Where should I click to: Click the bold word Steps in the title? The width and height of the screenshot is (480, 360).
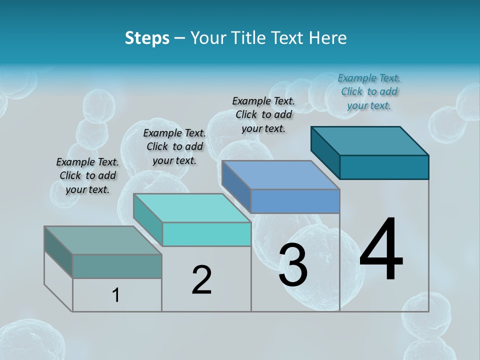click(147, 38)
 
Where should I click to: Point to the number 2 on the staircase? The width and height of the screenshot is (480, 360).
click(201, 280)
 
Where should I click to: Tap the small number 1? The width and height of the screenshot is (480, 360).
click(116, 295)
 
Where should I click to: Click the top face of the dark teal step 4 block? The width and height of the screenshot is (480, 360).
click(370, 140)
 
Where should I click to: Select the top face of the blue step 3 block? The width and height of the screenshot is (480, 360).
click(281, 175)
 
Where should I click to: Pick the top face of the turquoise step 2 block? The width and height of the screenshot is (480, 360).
click(192, 208)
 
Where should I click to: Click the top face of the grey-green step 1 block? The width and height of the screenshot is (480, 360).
click(103, 240)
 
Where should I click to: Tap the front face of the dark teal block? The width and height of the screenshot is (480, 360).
click(384, 167)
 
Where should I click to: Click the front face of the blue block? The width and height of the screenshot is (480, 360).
click(295, 201)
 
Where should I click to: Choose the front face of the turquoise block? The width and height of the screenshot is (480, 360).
click(206, 234)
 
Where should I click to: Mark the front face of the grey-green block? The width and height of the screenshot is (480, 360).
click(117, 266)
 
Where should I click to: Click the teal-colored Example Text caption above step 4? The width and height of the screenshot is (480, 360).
click(369, 92)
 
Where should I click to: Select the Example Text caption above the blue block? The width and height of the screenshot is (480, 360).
click(263, 114)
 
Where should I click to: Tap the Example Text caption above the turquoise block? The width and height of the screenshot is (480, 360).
click(174, 146)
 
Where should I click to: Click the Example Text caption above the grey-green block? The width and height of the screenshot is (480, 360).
click(87, 175)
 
